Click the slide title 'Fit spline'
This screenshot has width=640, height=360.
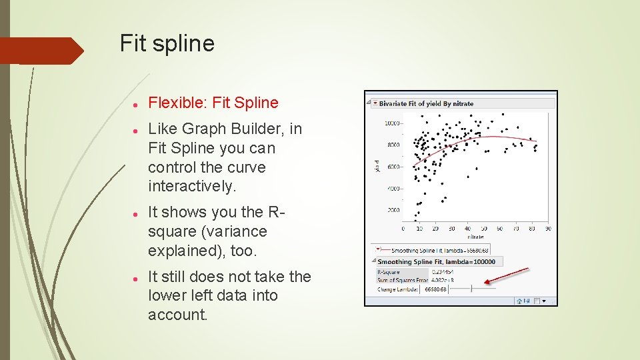click(167, 44)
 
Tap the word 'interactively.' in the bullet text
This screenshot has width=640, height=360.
click(192, 187)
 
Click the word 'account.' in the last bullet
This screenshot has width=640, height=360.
click(177, 315)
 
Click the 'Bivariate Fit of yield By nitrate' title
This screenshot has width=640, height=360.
click(426, 104)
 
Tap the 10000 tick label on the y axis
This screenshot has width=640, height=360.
click(392, 123)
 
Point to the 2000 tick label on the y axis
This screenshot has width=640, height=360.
click(393, 210)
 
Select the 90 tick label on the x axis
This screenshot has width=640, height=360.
click(548, 229)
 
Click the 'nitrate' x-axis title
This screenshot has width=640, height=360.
click(475, 236)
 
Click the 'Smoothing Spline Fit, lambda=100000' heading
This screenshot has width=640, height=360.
click(437, 262)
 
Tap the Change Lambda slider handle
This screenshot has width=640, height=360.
click(472, 288)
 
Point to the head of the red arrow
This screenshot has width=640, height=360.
click(487, 283)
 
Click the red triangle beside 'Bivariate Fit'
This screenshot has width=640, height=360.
click(375, 104)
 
